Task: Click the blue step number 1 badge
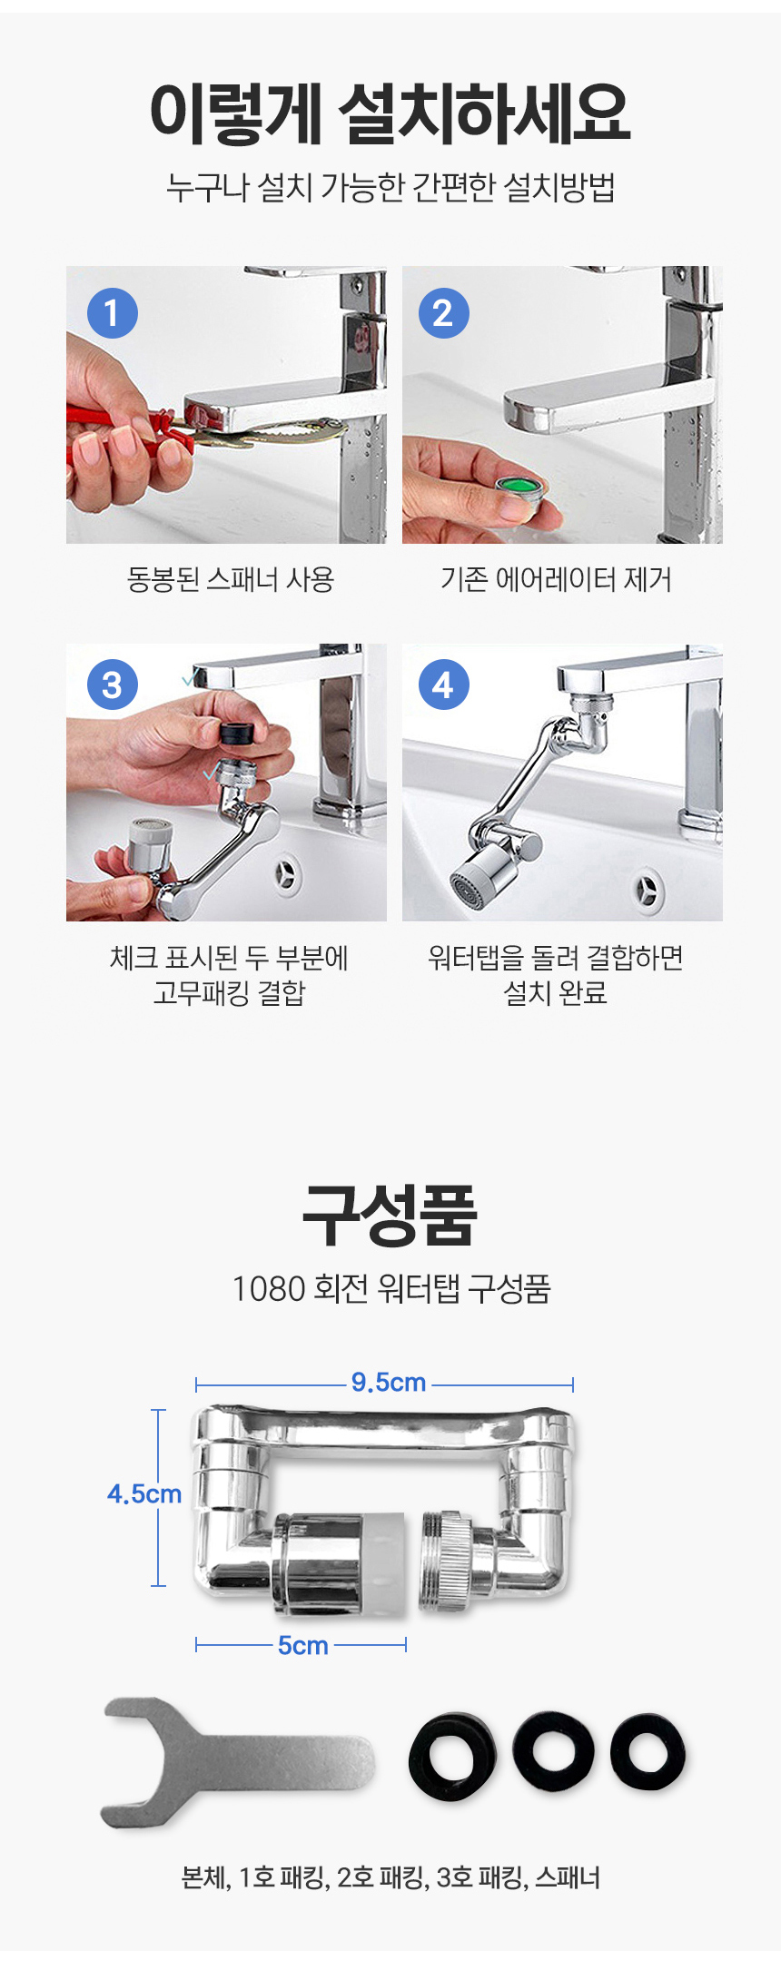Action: point(113,313)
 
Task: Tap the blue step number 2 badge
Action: point(444,313)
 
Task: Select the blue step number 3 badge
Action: point(113,685)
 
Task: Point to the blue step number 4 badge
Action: point(444,685)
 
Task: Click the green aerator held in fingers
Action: point(523,495)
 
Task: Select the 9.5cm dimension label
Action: point(389,1383)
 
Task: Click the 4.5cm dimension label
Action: point(144,1493)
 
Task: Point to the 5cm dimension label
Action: point(303,1645)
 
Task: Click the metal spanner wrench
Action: point(237,1762)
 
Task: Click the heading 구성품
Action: point(390,1215)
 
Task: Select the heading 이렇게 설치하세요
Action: point(390,113)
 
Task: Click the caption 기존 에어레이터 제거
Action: point(557,579)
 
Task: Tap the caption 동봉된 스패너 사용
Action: point(231,579)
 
